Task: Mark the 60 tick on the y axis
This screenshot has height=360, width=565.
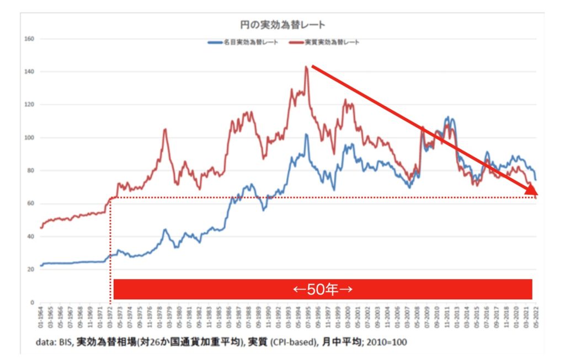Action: [x=31, y=204]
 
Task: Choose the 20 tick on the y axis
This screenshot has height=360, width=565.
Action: [x=31, y=270]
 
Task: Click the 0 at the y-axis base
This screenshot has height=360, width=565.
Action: [x=33, y=303]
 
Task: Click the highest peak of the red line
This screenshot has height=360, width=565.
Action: [x=306, y=67]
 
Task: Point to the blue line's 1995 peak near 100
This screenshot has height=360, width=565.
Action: [x=306, y=134]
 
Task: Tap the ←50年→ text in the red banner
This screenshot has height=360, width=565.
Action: [x=322, y=289]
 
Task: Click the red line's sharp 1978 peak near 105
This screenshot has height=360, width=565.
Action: [x=165, y=129]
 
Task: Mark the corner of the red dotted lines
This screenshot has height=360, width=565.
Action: [x=111, y=197]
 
